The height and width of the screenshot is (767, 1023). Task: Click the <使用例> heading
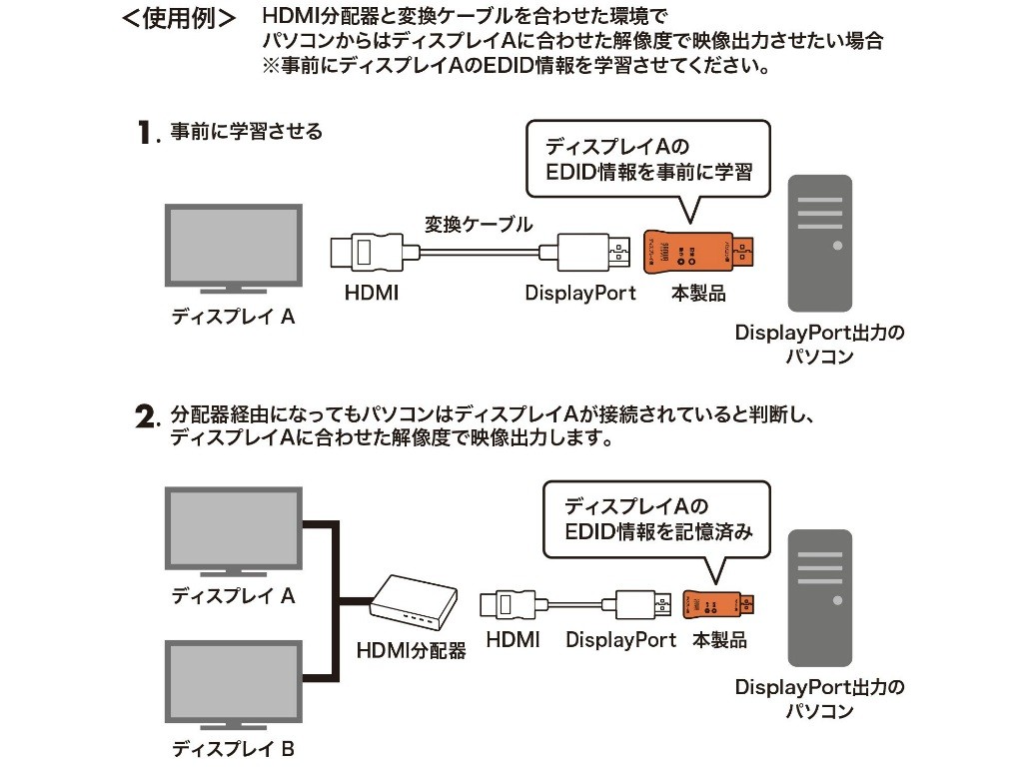179,20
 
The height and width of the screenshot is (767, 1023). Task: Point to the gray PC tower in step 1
819,244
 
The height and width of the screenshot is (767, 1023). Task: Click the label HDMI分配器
411,651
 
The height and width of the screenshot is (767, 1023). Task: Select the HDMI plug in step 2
509,604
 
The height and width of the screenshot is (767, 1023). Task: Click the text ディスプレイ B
233,748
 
